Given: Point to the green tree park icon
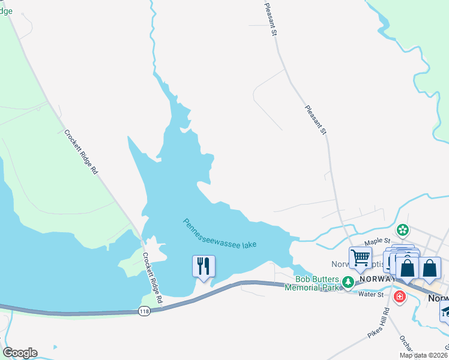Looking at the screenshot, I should click(347, 281).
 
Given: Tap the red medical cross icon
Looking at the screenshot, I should click(399, 296).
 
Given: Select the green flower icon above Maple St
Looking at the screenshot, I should click(403, 230).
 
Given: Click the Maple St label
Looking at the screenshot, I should click(378, 241).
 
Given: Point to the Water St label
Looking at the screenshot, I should click(371, 294).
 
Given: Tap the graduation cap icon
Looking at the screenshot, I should click(445, 311).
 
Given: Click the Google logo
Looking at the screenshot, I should click(20, 353).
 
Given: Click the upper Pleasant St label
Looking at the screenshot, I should click(270, 19).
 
